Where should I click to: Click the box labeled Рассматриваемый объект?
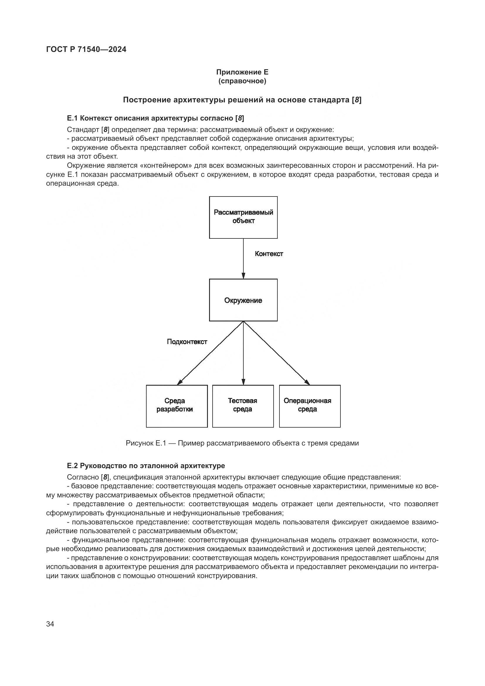tap(243, 217)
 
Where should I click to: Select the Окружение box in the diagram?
tap(243, 300)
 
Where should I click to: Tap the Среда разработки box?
tap(177, 406)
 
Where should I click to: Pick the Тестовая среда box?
tap(243, 406)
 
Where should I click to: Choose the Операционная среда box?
tap(310, 406)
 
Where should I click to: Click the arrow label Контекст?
tap(269, 254)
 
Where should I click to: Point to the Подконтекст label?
tap(187, 342)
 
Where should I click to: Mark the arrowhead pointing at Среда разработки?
tap(180, 382)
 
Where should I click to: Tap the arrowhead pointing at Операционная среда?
tap(307, 382)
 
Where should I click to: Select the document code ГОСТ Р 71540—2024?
tap(86, 49)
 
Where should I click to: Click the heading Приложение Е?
tap(242, 72)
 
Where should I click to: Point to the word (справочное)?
tap(242, 81)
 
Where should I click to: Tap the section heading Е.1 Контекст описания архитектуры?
tap(155, 118)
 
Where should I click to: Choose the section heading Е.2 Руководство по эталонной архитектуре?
tap(146, 465)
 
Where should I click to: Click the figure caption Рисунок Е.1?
tap(242, 443)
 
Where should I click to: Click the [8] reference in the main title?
tap(357, 100)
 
